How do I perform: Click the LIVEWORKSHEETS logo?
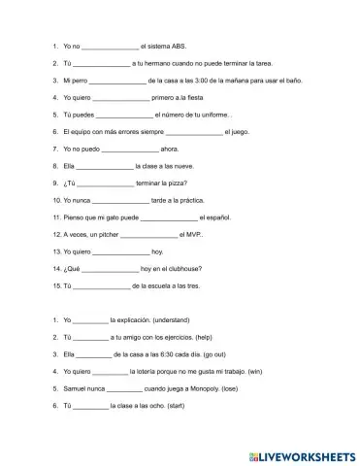307,452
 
